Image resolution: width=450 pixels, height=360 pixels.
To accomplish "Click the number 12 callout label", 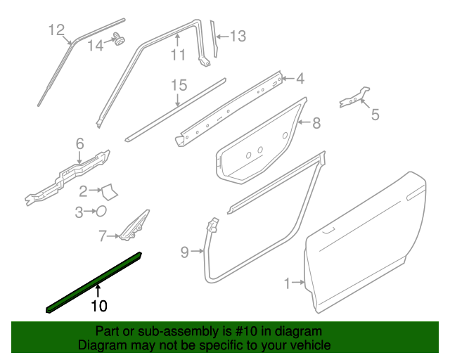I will (x=56, y=30).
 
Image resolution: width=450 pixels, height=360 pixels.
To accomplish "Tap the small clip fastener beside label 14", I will (x=119, y=39).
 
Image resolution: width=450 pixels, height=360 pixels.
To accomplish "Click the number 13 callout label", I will (x=238, y=35).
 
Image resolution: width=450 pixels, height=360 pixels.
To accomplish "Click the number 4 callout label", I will (x=299, y=78).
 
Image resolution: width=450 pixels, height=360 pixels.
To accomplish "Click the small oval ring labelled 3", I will (x=101, y=210).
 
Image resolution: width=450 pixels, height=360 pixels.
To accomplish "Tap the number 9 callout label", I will (x=184, y=251).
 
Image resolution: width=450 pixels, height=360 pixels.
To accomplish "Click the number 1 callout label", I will (x=287, y=283).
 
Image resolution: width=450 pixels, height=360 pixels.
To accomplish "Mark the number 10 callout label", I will (x=98, y=306).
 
